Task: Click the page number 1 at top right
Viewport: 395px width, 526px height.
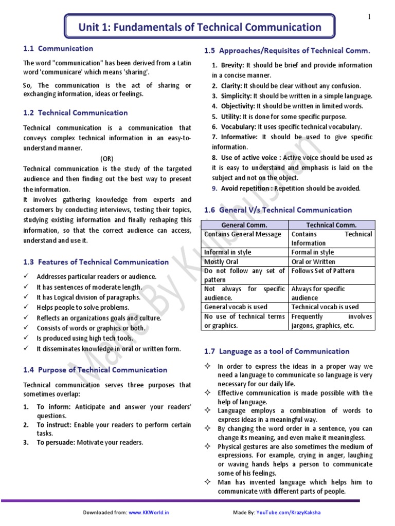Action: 369,17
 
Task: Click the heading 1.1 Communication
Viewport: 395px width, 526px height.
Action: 58,49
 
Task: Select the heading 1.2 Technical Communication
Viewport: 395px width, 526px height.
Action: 76,113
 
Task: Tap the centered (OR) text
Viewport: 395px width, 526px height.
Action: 107,158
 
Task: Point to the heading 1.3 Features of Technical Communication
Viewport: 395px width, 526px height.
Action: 96,262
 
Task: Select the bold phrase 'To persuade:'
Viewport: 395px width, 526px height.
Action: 55,442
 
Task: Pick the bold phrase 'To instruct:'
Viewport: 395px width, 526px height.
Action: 55,425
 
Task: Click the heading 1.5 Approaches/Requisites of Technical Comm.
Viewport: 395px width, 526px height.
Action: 287,51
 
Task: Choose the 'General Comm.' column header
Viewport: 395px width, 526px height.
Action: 244,225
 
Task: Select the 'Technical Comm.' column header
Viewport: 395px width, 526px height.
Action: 331,225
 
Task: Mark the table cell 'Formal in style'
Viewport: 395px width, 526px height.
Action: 312,252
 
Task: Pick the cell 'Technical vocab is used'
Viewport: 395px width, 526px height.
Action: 325,307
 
